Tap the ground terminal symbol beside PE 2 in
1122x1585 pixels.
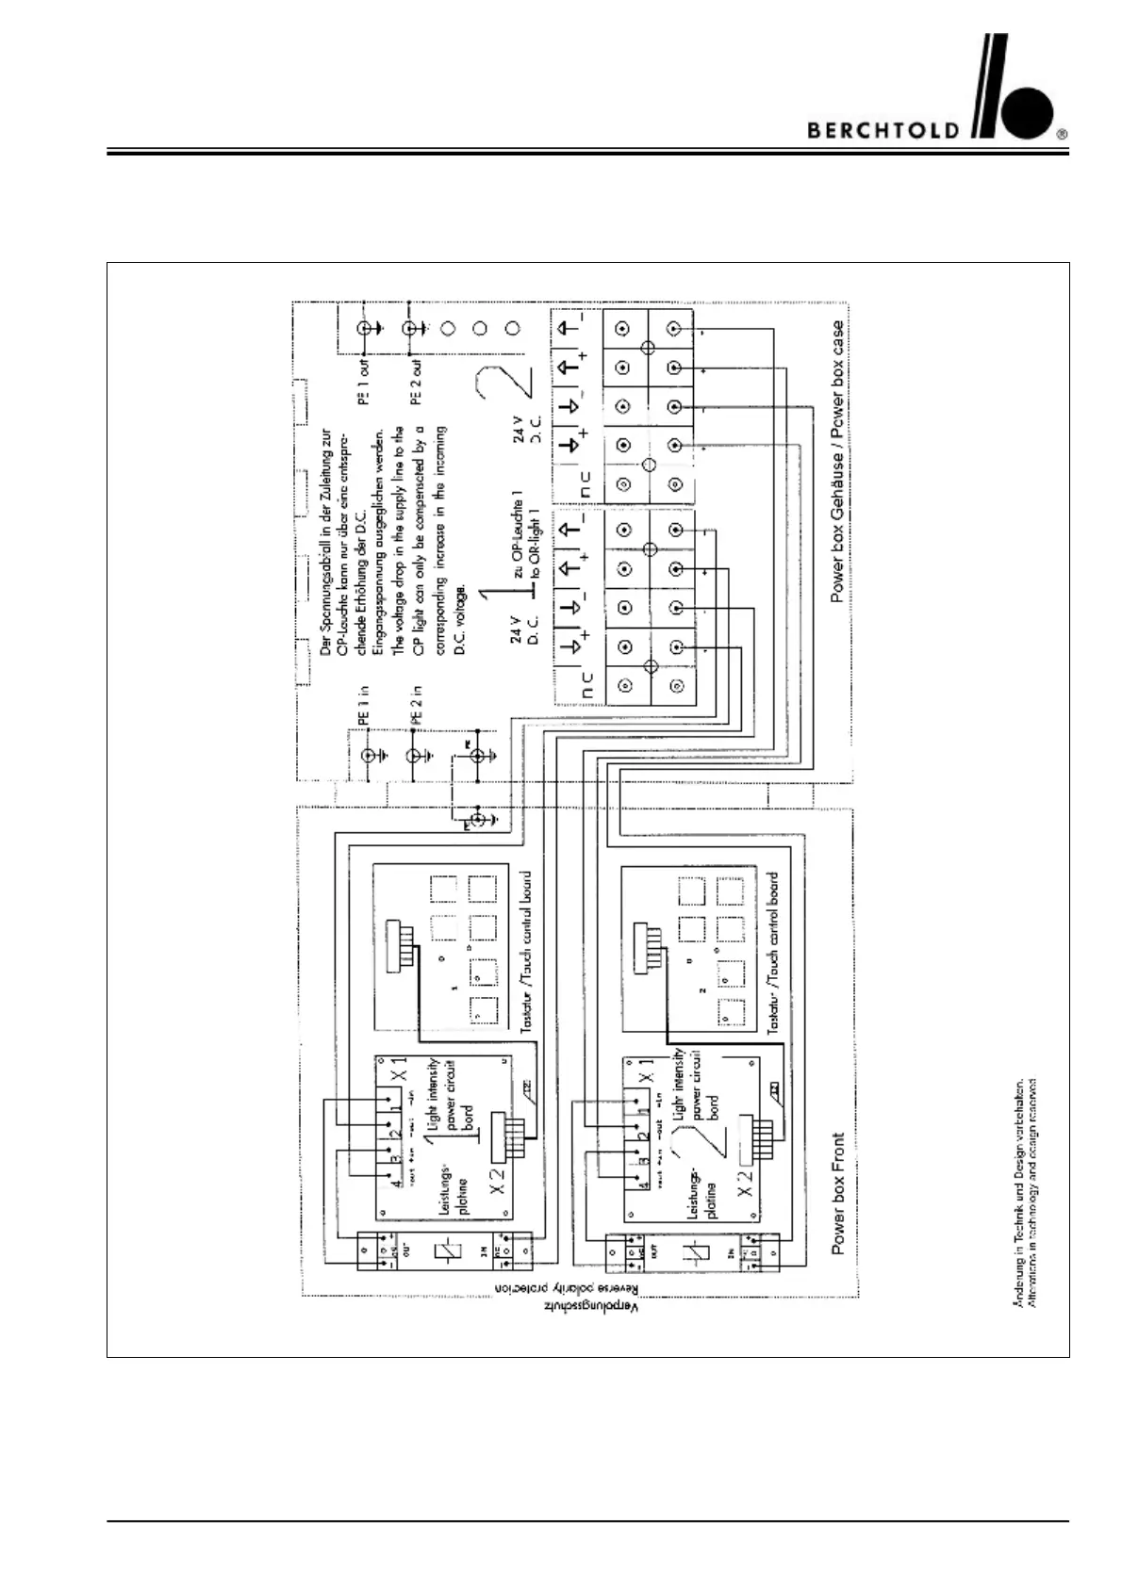click(x=416, y=756)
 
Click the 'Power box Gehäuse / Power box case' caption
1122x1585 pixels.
click(x=837, y=462)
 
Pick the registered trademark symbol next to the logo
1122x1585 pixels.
click(x=1063, y=134)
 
